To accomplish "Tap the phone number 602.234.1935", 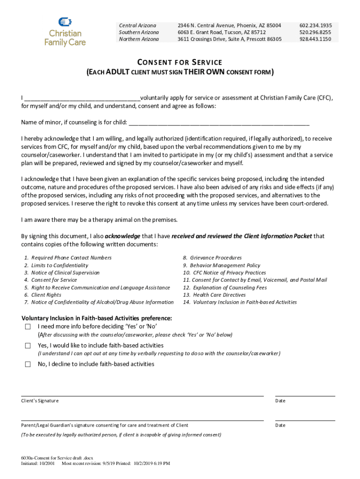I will click(316, 25).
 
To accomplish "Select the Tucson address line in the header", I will click(221, 32).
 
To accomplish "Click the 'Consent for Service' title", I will click(180, 62).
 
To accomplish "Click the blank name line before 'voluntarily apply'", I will click(82, 98).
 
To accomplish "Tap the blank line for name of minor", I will click(219, 123).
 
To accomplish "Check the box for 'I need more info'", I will click(28, 327).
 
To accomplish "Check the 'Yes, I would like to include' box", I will click(28, 346).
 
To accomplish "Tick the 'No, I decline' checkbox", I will click(28, 364).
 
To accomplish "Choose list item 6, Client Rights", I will click(46, 295).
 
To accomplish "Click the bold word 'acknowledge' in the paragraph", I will click(122, 236).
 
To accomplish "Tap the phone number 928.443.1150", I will click(316, 39).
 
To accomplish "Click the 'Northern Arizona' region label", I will click(139, 39).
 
